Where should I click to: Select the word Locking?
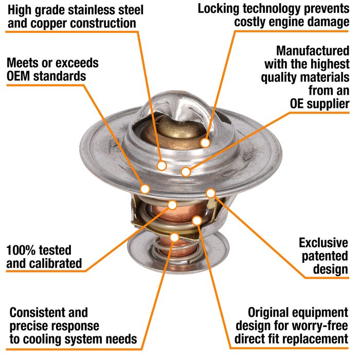tap(220, 9)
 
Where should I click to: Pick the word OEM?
tap(23, 77)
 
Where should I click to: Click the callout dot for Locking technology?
tap(205, 142)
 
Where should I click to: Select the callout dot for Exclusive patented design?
tap(210, 193)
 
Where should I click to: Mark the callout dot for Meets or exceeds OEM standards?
tap(145, 188)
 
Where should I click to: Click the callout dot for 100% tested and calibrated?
tap(173, 205)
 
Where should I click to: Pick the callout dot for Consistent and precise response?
tap(174, 237)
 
